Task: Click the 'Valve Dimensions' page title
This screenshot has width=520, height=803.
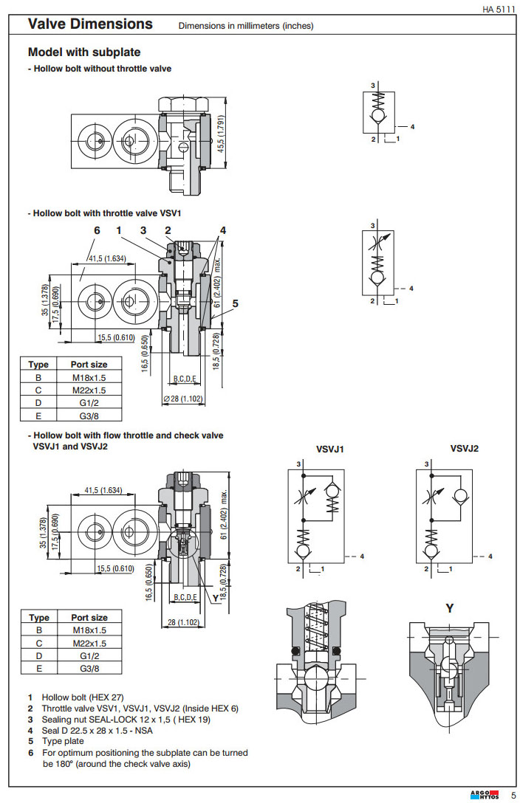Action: coord(90,24)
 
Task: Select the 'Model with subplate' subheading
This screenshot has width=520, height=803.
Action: coord(83,52)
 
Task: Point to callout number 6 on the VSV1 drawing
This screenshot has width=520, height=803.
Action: coord(96,230)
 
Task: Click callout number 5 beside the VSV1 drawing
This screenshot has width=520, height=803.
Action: coord(235,303)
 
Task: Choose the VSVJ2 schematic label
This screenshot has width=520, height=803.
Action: coord(465,448)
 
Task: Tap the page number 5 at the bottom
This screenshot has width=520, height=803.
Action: coord(513,794)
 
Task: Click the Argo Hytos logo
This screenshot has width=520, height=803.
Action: coord(484,794)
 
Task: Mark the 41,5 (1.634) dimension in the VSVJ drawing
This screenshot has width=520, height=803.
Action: coord(103,490)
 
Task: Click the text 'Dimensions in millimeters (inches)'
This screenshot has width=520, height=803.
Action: coord(246,26)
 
